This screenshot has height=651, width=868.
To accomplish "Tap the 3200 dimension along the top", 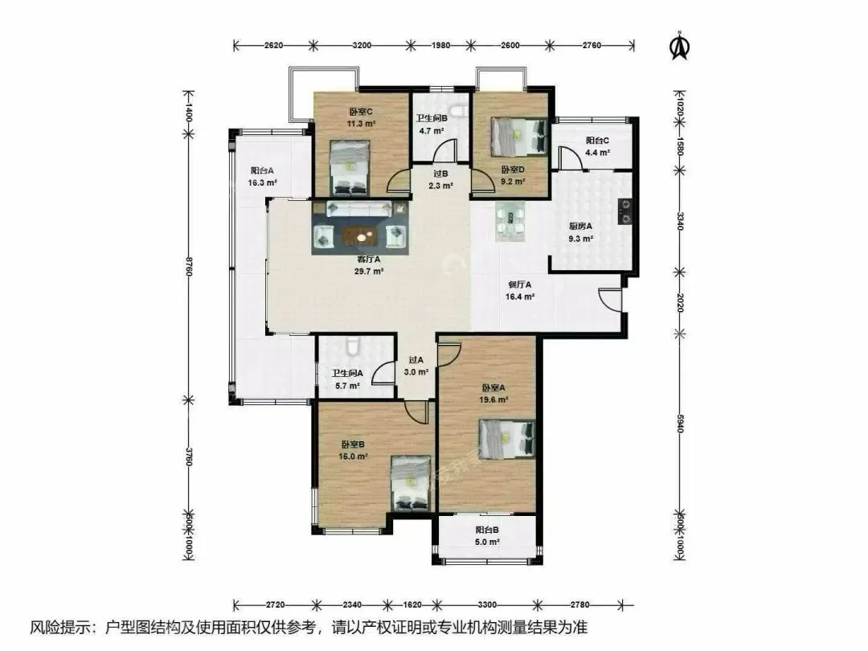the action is click(x=362, y=45).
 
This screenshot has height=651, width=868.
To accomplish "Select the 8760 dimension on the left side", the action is click(x=189, y=266).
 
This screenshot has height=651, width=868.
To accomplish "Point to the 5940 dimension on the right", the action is click(x=681, y=424).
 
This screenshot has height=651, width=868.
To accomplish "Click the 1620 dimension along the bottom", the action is click(x=411, y=604).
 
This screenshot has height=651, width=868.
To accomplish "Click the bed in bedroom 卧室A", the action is click(x=507, y=439).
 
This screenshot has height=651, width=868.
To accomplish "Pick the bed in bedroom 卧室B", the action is click(x=411, y=483).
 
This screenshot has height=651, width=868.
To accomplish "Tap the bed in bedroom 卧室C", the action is click(x=350, y=168).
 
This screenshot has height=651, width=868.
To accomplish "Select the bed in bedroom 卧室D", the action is click(x=518, y=137).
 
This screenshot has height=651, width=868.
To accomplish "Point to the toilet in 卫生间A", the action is click(x=353, y=346).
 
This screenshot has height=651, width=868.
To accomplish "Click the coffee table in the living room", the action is click(x=360, y=236).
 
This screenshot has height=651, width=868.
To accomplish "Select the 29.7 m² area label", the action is click(x=369, y=272).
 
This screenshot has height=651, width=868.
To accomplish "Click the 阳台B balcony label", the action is click(x=486, y=530).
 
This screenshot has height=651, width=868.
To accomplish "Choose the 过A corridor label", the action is click(x=416, y=360).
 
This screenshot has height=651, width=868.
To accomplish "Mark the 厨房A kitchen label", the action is click(x=580, y=226).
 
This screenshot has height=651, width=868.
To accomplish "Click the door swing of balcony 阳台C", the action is click(x=570, y=158).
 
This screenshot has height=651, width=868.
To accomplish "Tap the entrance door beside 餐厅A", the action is click(x=611, y=300).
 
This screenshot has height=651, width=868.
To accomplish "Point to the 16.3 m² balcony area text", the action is click(x=262, y=182).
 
